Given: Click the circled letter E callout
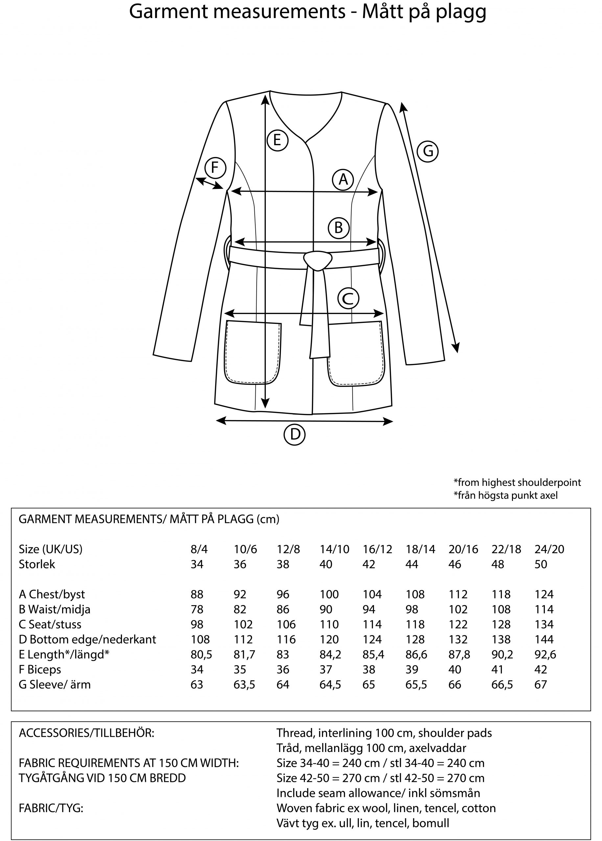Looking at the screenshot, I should point(277,140).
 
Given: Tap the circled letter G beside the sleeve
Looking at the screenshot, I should point(428,151).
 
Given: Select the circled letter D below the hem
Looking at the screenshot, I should point(294,434).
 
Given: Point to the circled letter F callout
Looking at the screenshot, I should point(215,168).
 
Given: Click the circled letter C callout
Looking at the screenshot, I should point(348,298).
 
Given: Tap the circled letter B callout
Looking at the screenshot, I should point(338,227).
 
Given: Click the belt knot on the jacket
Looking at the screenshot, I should point(317,260).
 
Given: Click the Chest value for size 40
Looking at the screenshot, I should point(329,594).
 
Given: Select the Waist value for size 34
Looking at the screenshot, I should point(197,609).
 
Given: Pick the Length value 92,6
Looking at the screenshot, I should point(545,655).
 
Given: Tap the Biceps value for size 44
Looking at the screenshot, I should point(412,670).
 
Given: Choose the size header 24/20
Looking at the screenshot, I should point(549,549).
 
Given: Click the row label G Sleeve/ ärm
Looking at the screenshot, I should point(55,685).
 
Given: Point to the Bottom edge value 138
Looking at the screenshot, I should point(501,640).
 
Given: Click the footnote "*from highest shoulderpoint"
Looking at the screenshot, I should point(517,482).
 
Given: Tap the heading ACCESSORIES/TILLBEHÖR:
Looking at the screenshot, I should point(86,733).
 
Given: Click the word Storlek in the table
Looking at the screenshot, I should point(37,564).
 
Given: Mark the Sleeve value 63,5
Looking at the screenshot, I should point(244,685).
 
